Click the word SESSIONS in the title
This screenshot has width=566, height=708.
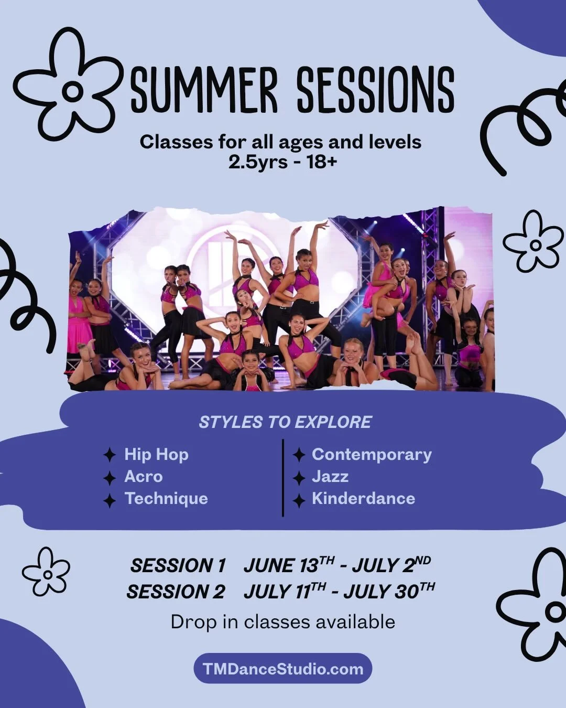coord(375,90)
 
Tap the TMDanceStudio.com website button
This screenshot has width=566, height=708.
coord(282,669)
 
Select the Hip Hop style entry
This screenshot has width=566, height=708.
coord(156,454)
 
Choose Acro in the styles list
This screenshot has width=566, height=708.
coord(143,476)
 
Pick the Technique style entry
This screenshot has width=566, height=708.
coord(166,498)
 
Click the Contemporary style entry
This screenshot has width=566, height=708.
coord(372,454)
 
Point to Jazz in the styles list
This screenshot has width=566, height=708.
coord(330,476)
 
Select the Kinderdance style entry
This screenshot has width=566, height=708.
coord(363,498)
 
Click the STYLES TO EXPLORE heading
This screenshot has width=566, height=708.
coord(285,422)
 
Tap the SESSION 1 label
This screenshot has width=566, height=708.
coord(178,566)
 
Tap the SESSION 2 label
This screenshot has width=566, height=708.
coord(176,592)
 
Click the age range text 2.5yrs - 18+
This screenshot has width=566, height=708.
coord(282,162)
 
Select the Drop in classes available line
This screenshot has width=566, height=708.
coord(282,622)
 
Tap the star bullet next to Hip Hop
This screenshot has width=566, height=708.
coord(109,455)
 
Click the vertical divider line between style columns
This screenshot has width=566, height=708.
coord(283,477)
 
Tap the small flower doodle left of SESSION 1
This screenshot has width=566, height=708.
coord(46,572)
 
